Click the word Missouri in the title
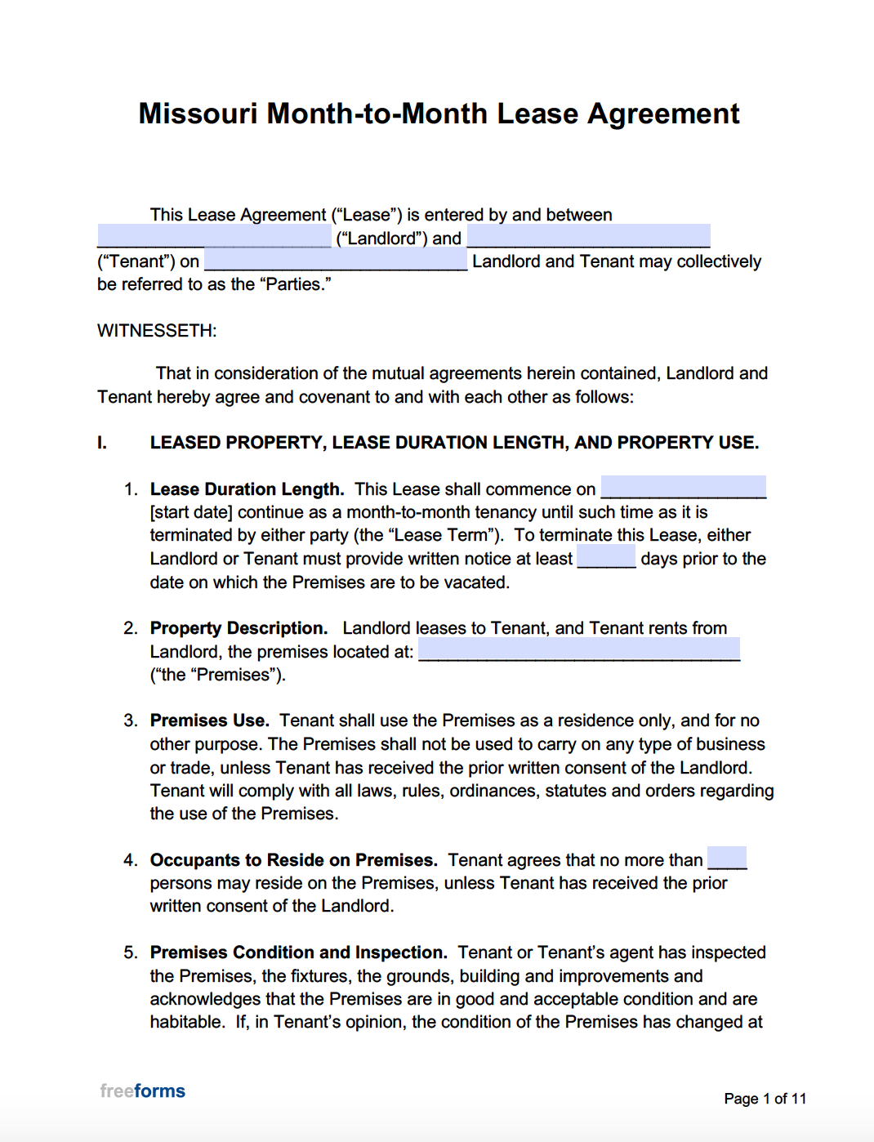coord(198,114)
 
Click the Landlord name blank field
coord(214,237)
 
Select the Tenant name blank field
coord(588,237)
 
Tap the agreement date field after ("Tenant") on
coord(335,261)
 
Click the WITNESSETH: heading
coord(157,331)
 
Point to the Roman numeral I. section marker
coord(102,443)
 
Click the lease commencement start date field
coord(683,488)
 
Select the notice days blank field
coord(606,558)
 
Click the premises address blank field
coord(578,650)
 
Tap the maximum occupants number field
coord(726,859)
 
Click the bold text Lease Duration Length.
coord(247,489)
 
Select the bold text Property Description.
coord(239,628)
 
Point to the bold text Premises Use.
coord(209,720)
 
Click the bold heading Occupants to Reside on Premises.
coord(293,860)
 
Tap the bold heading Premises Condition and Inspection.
coord(298,952)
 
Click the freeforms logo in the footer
coord(143,1091)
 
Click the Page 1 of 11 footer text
coord(765,1099)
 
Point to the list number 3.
coord(131,720)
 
